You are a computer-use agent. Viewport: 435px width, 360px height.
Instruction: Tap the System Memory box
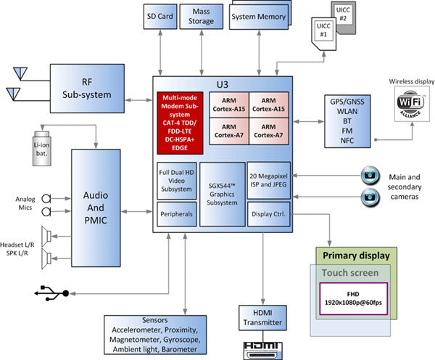[258, 16]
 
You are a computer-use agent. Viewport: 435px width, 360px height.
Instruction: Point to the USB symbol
[50, 292]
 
